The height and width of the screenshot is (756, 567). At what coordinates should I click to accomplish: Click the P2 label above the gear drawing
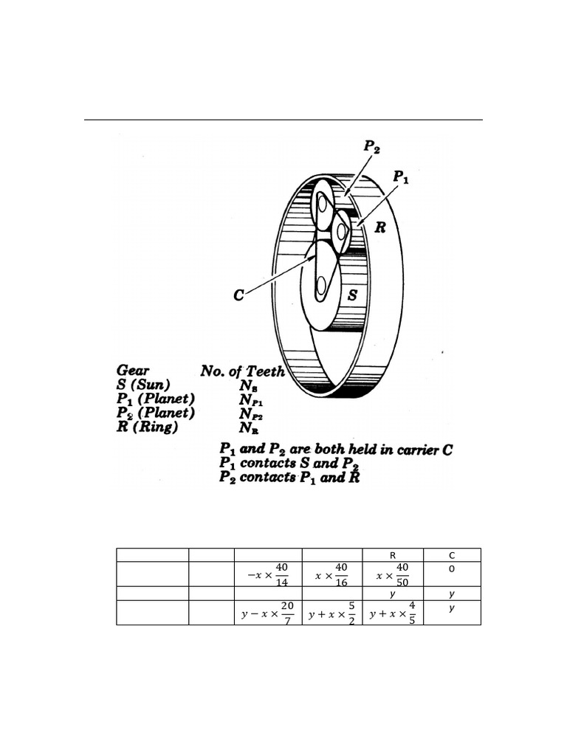(372, 147)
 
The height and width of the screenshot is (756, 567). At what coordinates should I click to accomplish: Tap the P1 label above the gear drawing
(401, 176)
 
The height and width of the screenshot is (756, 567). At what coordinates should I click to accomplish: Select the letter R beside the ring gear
(380, 227)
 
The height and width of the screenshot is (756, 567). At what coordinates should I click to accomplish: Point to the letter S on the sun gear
(352, 295)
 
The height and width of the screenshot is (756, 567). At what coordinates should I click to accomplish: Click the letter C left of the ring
(238, 295)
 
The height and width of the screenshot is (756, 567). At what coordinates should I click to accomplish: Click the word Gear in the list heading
(133, 371)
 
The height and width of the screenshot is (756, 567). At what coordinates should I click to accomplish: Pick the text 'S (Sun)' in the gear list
(143, 385)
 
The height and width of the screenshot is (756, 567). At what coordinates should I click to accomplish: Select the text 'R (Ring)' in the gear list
(147, 427)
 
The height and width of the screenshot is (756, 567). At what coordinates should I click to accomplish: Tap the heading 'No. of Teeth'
(242, 371)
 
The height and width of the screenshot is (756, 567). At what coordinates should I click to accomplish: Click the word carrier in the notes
(415, 450)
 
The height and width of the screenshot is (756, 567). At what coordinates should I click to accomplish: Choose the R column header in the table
(393, 555)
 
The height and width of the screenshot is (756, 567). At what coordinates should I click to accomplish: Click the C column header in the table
(452, 555)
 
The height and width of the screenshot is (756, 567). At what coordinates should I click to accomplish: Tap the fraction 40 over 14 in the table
(281, 574)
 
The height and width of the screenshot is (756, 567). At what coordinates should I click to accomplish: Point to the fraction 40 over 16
(341, 574)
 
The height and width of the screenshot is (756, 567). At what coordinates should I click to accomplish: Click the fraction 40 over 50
(402, 574)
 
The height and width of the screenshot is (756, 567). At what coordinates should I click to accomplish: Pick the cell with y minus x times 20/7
(268, 613)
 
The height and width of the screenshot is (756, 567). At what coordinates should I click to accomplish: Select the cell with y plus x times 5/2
(332, 613)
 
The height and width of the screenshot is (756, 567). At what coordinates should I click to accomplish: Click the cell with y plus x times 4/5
(393, 613)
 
